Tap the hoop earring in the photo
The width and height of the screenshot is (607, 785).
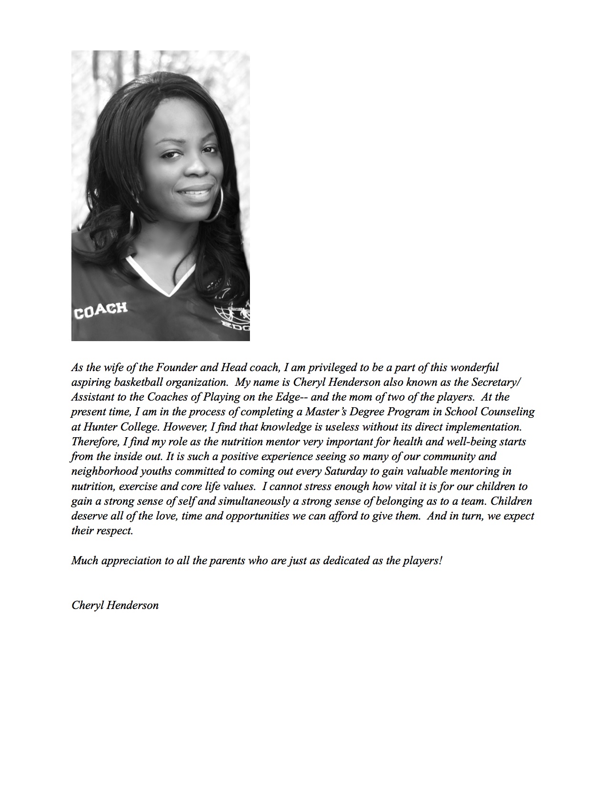(215, 204)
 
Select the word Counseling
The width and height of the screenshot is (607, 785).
(506, 412)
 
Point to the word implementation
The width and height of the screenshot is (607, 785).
(485, 427)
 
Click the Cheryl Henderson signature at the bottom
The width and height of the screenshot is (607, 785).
(115, 605)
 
